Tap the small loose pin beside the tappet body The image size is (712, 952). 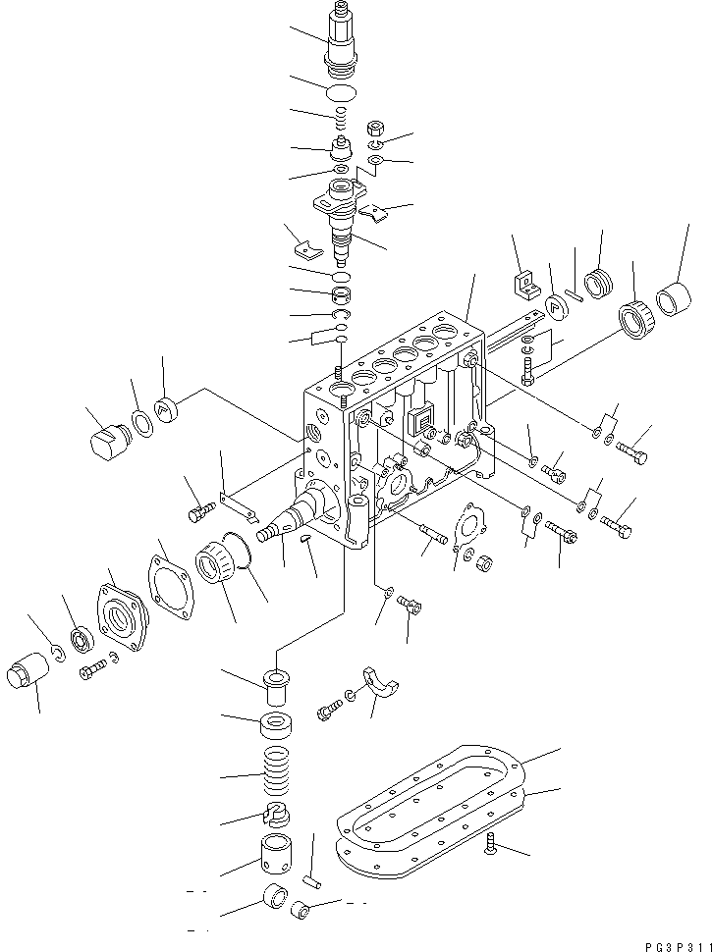312,880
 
